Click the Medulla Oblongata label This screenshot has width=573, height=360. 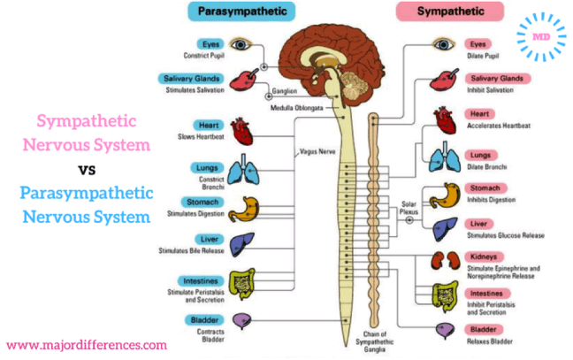pyautogui.click(x=298, y=108)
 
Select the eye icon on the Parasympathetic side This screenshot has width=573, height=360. pyautogui.click(x=241, y=43)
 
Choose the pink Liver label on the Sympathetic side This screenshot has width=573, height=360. pyautogui.click(x=480, y=223)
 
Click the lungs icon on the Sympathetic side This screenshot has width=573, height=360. pyautogui.click(x=441, y=160)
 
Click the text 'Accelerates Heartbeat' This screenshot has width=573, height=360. pyautogui.click(x=499, y=125)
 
